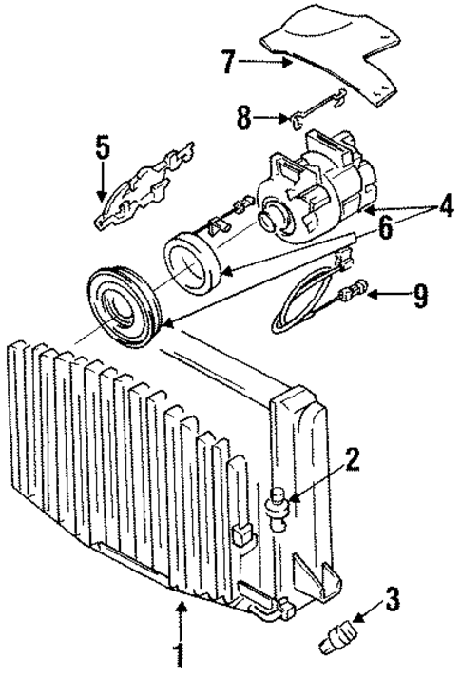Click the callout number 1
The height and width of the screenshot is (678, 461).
coord(177,657)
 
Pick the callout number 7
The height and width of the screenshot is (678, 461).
coord(227,63)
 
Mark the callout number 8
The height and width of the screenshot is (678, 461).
coord(242,119)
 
